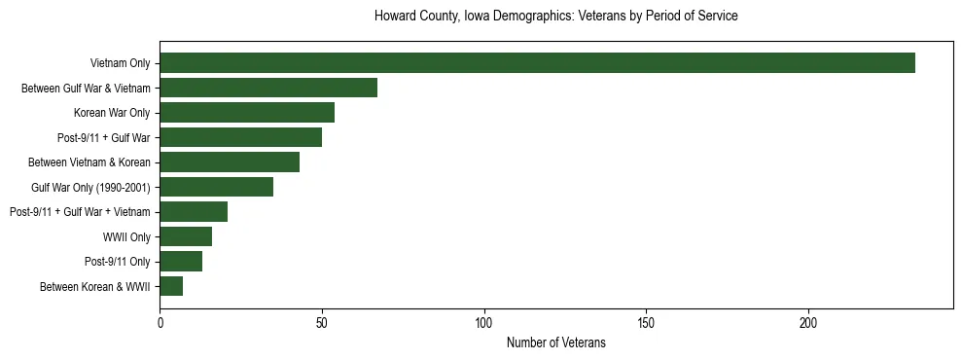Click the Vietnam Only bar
coord(537,63)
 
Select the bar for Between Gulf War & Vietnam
coord(268,88)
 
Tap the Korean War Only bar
coord(247,113)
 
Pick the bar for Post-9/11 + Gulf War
coord(240,137)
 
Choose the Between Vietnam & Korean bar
coord(230,162)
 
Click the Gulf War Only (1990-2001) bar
coord(216,187)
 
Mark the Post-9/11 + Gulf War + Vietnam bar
coord(194,212)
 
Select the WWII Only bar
coord(186,236)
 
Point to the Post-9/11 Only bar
coord(181,262)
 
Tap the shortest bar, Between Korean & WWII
coord(171,286)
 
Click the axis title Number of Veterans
coord(556,342)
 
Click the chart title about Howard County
coord(556,17)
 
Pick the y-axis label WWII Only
coord(126,236)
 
